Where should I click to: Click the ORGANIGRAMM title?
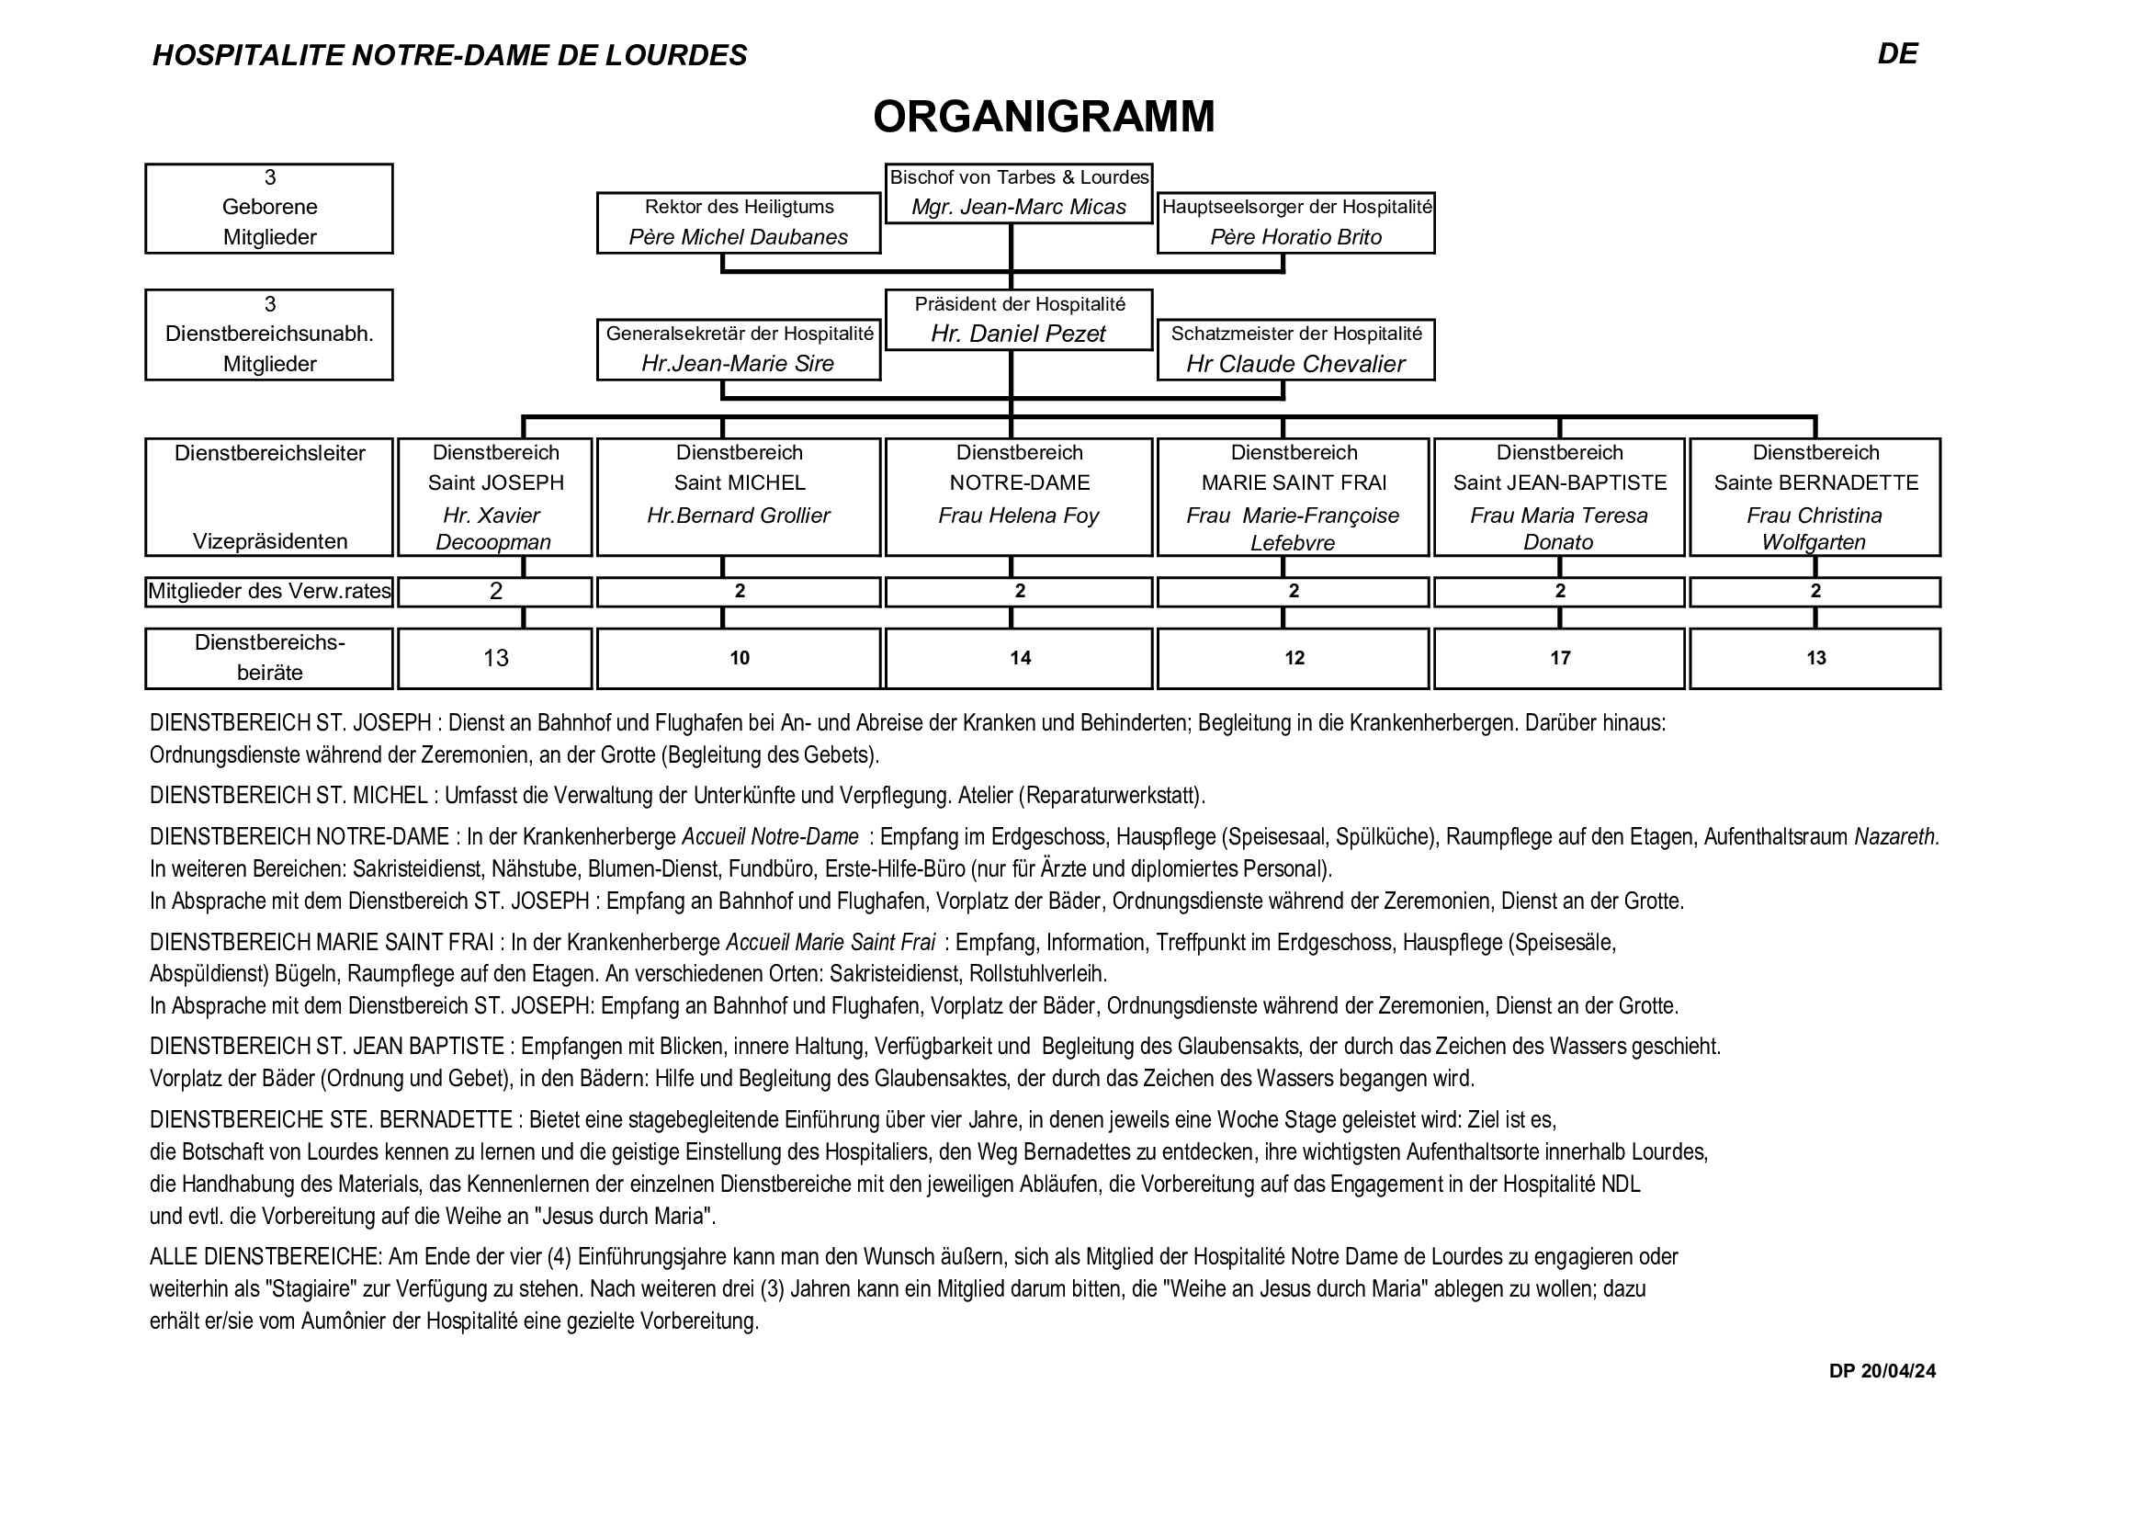pos(1043,118)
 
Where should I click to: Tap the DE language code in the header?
pos(1897,54)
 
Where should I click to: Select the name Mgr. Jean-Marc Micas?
pos(1019,207)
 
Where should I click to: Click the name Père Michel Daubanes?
pos(738,237)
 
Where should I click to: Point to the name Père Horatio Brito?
pos(1295,237)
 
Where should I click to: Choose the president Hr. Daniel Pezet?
pos(1019,334)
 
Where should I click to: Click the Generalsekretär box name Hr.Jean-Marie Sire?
pos(738,363)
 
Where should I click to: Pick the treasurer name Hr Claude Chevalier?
pos(1295,364)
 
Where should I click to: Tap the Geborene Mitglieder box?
pos(269,208)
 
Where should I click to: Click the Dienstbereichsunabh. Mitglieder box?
pos(269,334)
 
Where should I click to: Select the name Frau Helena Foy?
pos(1019,516)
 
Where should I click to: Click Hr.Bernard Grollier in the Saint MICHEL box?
pos(738,516)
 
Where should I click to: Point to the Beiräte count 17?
pos(1559,658)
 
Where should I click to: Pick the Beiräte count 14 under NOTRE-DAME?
pos(1020,658)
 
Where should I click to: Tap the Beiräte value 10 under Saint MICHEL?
pos(739,658)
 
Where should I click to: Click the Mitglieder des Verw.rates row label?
pos(269,592)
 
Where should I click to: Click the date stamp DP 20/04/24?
pos(1882,1371)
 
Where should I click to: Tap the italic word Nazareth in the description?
pos(1896,837)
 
